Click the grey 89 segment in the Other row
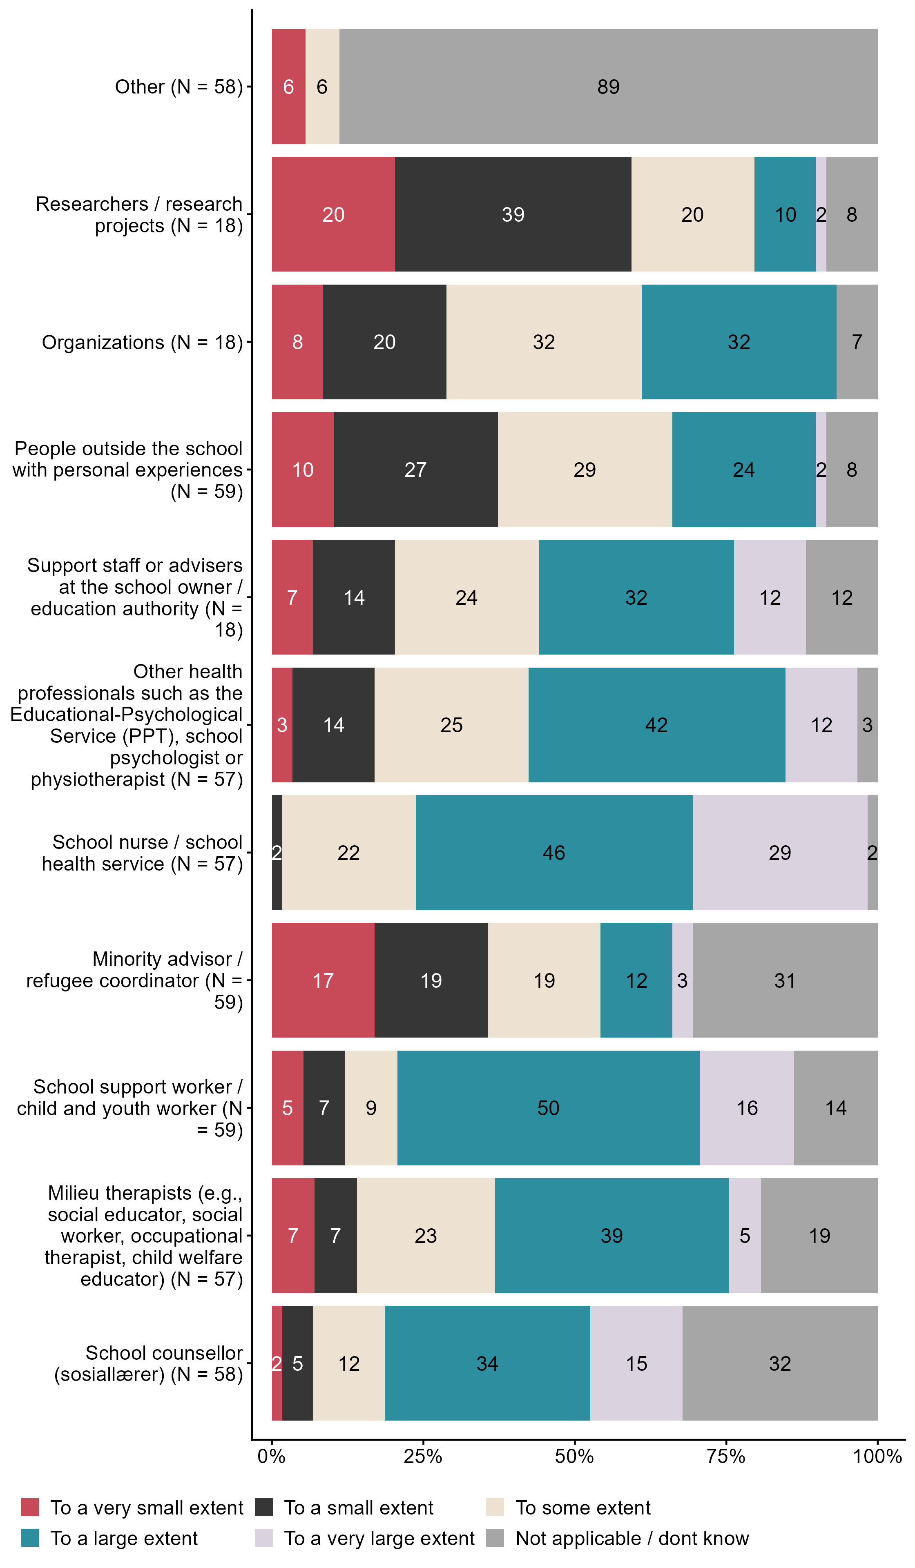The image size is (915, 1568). (x=608, y=87)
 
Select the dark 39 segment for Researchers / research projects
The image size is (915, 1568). (x=513, y=214)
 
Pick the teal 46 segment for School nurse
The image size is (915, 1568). (x=554, y=853)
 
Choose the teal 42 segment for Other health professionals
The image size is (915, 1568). (x=657, y=725)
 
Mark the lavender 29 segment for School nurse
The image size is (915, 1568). (x=780, y=853)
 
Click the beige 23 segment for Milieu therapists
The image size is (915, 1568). (x=426, y=1235)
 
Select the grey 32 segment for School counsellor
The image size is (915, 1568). (x=780, y=1363)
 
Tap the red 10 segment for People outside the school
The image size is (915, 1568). (x=303, y=469)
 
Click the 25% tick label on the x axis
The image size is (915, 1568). (x=423, y=1457)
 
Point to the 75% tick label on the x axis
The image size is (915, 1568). (x=726, y=1457)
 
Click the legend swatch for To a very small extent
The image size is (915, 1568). (x=30, y=1508)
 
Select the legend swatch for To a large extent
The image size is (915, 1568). (x=30, y=1538)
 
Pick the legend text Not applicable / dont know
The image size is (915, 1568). (x=632, y=1538)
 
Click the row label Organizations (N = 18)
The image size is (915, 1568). (x=142, y=342)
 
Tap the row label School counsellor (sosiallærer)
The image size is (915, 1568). (x=148, y=1363)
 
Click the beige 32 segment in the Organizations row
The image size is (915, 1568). (x=543, y=342)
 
